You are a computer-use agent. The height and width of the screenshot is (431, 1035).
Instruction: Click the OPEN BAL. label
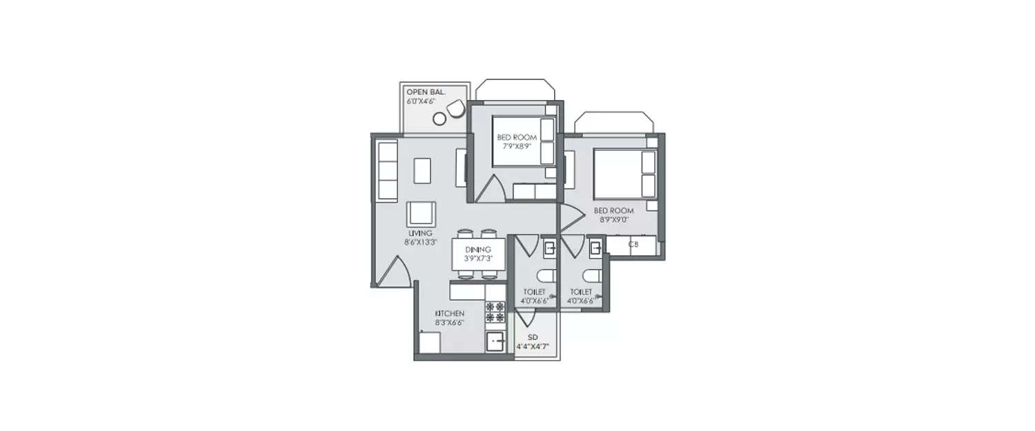click(x=426, y=92)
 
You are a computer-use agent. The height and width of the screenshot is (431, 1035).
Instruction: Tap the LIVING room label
click(x=420, y=233)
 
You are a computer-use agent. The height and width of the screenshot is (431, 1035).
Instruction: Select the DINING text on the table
click(x=478, y=249)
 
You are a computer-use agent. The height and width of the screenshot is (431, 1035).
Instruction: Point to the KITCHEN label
click(x=449, y=313)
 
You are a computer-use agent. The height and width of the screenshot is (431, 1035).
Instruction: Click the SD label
click(x=533, y=337)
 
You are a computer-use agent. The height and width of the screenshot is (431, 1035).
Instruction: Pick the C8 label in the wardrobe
click(x=633, y=244)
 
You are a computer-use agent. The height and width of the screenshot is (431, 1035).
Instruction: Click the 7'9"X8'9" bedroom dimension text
click(x=517, y=146)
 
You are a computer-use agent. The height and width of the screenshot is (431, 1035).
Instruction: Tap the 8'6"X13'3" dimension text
click(x=420, y=242)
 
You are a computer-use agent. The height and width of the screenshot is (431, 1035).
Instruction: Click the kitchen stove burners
click(x=494, y=312)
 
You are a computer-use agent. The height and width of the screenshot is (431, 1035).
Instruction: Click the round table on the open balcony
click(x=439, y=119)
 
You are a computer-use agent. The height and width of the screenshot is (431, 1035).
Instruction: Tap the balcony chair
click(x=455, y=109)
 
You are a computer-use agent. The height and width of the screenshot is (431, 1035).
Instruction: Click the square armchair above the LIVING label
click(x=420, y=213)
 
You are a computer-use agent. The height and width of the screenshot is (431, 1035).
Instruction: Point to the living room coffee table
click(x=422, y=170)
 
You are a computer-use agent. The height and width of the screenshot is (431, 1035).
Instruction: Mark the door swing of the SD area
click(x=527, y=317)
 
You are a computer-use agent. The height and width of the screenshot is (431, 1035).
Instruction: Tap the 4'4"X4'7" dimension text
click(x=533, y=346)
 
